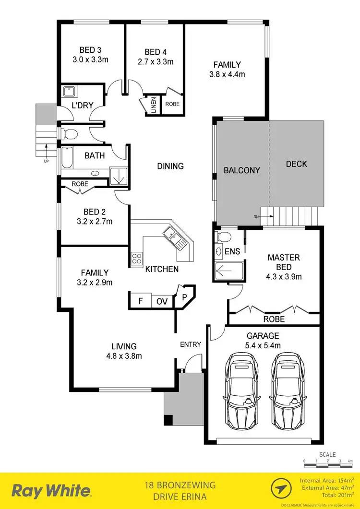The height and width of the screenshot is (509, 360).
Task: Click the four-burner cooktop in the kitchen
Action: click(136, 259)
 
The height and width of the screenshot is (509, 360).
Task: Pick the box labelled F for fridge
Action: click(140, 301)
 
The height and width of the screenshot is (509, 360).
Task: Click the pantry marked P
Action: click(184, 296)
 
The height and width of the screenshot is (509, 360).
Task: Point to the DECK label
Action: click(296, 164)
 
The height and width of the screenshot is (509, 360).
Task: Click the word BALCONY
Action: click(242, 170)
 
